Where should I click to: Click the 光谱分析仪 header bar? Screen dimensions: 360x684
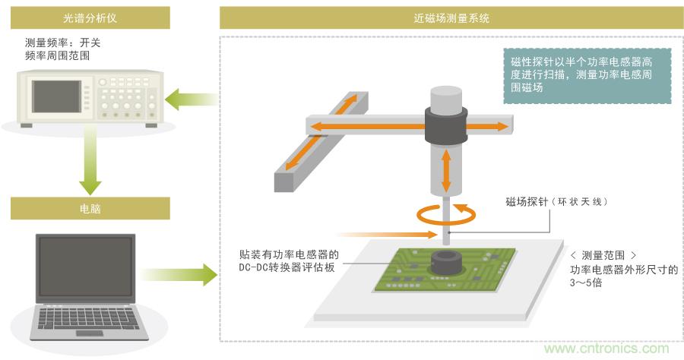coord(90,18)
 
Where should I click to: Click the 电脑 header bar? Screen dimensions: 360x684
coord(90,208)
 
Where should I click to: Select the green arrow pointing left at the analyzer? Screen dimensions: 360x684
coord(190,98)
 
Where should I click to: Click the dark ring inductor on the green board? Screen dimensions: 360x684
coord(445,264)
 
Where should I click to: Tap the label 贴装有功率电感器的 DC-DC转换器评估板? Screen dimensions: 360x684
coord(288,261)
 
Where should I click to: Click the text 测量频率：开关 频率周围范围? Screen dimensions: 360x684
coord(62,49)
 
